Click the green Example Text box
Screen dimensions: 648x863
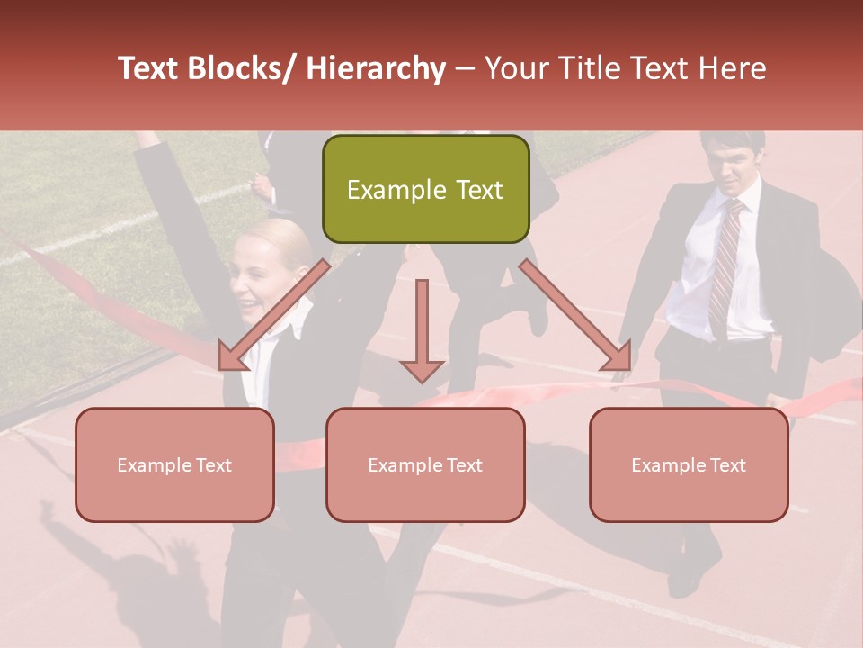(x=425, y=189)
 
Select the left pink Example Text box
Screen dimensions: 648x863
(x=174, y=464)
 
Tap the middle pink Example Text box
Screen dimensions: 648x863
(x=425, y=464)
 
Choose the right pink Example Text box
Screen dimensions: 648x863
(x=689, y=464)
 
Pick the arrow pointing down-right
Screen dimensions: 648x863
(x=575, y=315)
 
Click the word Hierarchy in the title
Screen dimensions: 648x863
(x=376, y=68)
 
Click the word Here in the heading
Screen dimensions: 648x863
(x=733, y=68)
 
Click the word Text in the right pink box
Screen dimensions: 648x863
(x=727, y=464)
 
